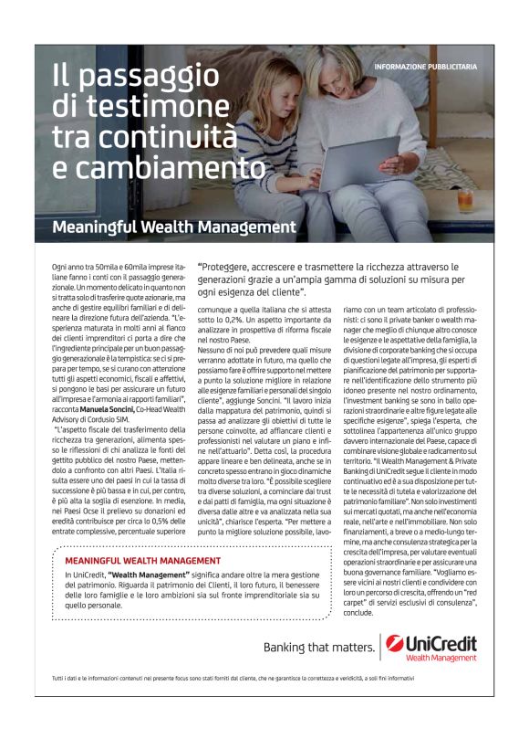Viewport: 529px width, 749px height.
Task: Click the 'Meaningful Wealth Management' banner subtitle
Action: [x=173, y=226]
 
